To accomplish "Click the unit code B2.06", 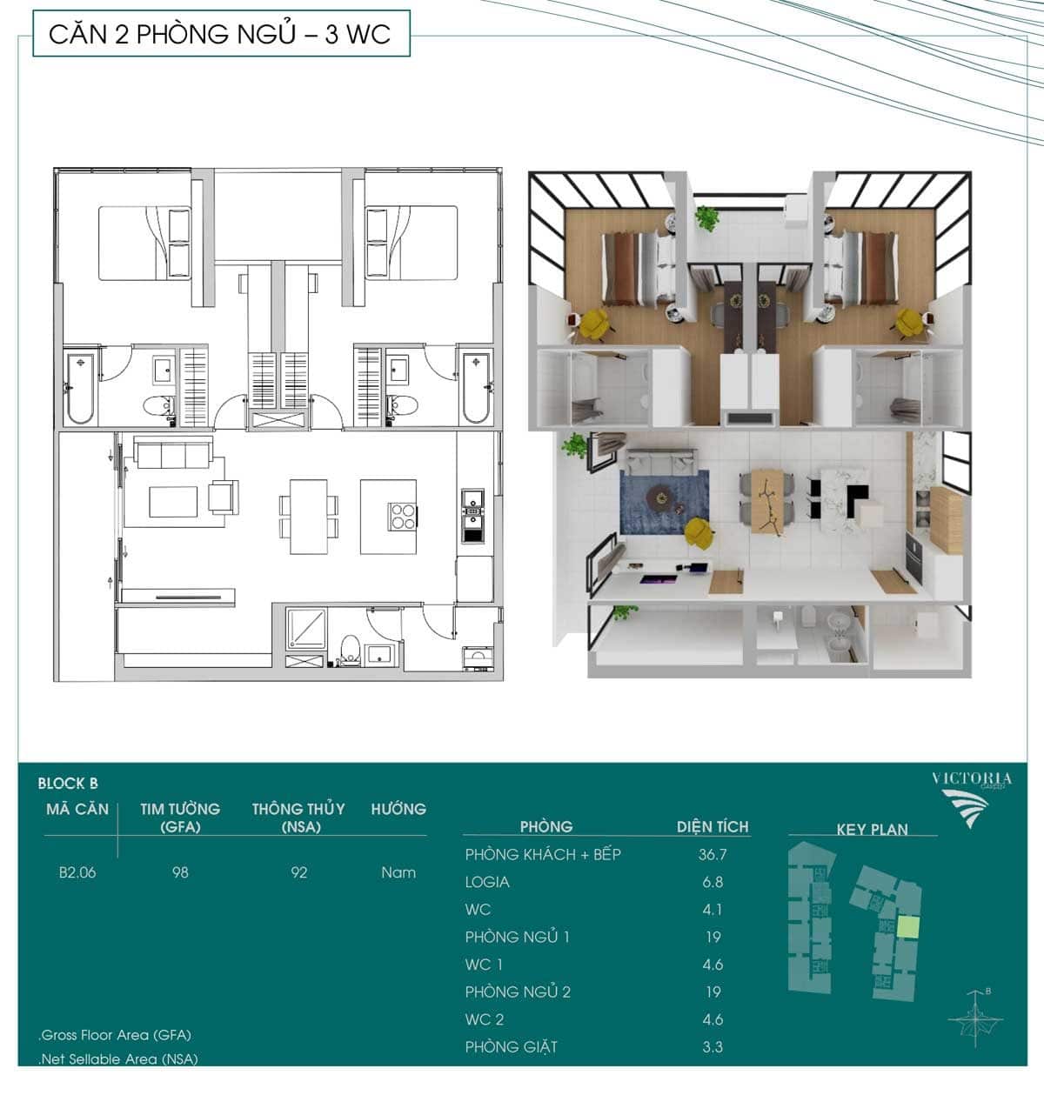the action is coord(77,872).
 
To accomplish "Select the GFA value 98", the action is coord(180,872).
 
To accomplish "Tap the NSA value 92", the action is coord(299,872).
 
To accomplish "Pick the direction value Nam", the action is coord(398,872).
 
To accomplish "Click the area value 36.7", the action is coord(713,854).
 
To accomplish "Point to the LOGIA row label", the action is coord(487,882).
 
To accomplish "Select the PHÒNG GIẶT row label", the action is coord(511,1047).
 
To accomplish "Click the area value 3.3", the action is coord(713,1047).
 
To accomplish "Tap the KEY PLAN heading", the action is coord(872,830).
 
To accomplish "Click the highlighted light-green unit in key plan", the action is coord(908,927).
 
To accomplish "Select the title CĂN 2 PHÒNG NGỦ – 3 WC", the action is coord(220,34).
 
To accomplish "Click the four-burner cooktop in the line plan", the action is coord(403,517).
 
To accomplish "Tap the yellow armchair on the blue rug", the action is coord(699,533).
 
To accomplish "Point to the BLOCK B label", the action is coord(68,784).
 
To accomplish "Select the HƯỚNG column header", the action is coord(398,809).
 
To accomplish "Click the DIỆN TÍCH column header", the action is coord(713,826).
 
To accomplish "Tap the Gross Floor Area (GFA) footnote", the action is coord(115,1035).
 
